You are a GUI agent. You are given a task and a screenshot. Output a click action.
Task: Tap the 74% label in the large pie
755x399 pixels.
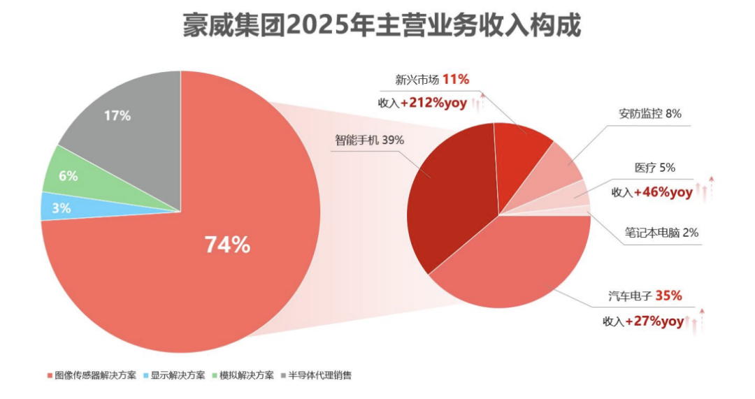(226, 245)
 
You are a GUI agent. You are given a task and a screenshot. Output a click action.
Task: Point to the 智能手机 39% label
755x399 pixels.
(369, 140)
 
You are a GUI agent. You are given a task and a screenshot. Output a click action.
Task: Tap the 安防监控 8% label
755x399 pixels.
(649, 113)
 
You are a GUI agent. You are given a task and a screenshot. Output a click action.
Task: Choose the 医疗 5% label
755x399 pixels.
(654, 168)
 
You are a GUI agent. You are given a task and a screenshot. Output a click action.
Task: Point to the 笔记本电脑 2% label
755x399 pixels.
(661, 233)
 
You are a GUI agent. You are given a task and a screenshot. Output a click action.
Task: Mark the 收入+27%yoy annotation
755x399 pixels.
(643, 321)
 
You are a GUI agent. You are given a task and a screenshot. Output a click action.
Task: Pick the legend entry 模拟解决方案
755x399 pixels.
(245, 375)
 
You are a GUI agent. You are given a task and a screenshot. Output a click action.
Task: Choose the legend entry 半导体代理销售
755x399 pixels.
(319, 375)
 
